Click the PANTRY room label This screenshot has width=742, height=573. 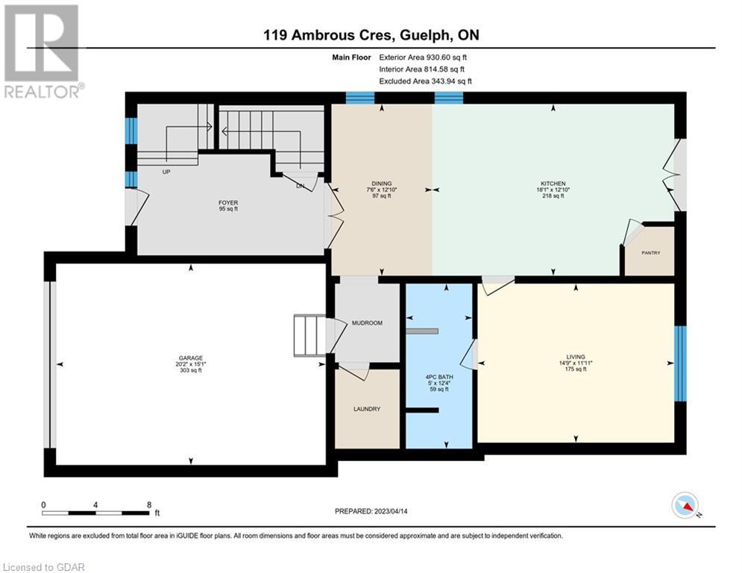651,253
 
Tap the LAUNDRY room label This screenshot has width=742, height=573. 367,409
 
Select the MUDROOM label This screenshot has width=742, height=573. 367,323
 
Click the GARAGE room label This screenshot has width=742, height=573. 191,358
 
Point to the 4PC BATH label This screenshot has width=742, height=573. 439,377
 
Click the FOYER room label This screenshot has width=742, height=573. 228,203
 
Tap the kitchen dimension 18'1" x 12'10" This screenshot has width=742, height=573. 553,190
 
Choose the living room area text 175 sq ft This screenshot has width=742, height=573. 576,369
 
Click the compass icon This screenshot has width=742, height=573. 685,505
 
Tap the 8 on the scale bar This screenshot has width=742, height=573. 149,505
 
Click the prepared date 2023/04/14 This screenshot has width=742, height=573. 391,511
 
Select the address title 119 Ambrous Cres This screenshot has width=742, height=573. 328,35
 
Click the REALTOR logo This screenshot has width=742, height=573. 43,51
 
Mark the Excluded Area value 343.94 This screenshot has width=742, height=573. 442,81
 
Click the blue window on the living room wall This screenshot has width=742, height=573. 680,363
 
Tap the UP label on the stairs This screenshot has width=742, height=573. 166,172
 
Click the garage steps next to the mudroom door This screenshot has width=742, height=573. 310,335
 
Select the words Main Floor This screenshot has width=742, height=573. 351,57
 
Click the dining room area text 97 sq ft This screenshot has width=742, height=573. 382,195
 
